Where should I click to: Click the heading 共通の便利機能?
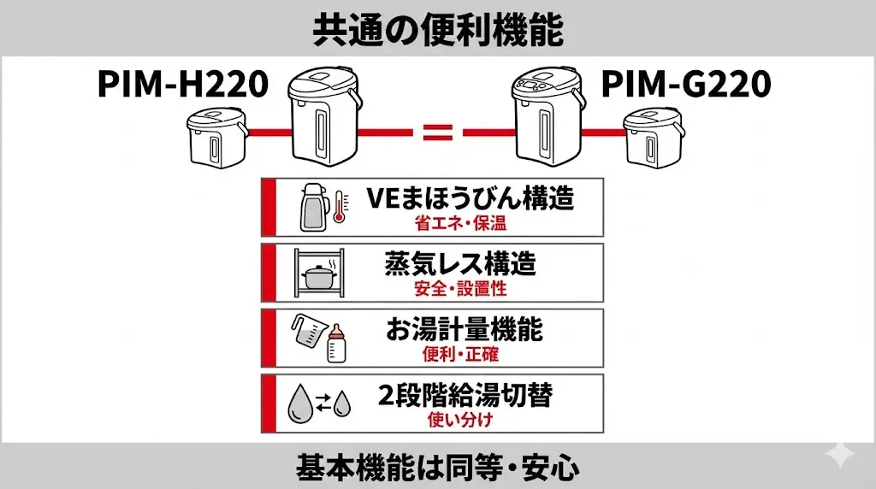click(x=437, y=30)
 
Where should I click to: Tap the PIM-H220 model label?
click(x=183, y=85)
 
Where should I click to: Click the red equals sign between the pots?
click(x=437, y=133)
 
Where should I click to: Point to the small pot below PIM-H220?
click(x=217, y=140)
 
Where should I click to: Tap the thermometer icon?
click(x=339, y=206)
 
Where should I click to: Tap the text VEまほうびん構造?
click(x=470, y=199)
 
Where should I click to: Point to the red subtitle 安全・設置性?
click(x=460, y=288)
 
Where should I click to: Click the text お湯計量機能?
click(x=464, y=330)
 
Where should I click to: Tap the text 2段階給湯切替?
click(x=465, y=396)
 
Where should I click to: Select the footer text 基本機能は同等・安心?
click(x=437, y=468)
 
